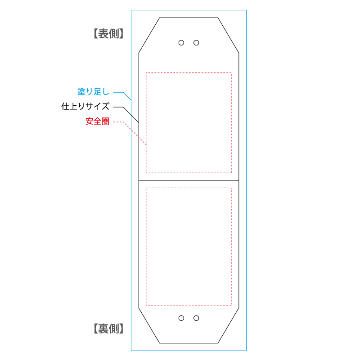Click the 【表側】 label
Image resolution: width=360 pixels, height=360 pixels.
click(108, 34)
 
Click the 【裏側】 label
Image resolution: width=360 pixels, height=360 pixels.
click(108, 329)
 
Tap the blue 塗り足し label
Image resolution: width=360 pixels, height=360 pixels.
click(93, 92)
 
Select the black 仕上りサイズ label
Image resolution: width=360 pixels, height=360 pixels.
click(85, 107)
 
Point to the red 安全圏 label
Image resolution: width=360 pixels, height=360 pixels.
click(98, 121)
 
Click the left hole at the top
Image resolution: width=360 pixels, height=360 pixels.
click(181, 43)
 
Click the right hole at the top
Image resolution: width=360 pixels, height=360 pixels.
click(196, 43)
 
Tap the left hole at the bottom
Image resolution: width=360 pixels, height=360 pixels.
click(181, 318)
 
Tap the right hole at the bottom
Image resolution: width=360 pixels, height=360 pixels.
click(196, 318)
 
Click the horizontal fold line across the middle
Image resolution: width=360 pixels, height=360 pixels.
click(189, 180)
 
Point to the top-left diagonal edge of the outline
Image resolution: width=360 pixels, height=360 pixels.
click(149, 36)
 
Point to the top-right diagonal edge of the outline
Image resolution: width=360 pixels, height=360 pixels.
click(229, 36)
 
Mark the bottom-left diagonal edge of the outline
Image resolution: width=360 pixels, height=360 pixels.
click(149, 325)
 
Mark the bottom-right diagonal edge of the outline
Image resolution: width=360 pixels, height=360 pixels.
click(229, 325)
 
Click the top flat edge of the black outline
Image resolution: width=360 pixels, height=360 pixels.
click(189, 18)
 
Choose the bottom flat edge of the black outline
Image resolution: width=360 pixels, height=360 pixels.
click(189, 343)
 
